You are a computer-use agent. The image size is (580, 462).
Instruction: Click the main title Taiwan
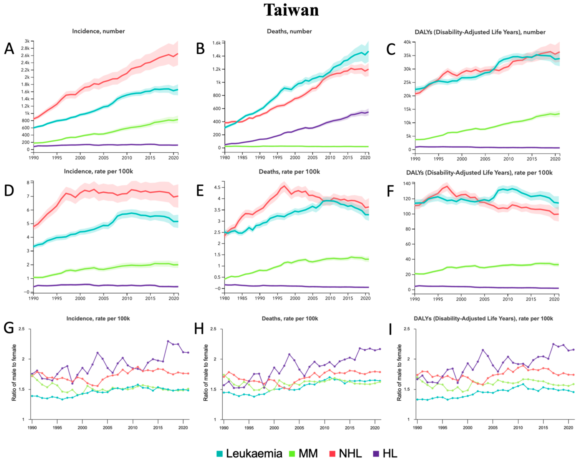[x=291, y=10]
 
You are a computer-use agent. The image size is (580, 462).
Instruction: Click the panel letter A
[x=9, y=49]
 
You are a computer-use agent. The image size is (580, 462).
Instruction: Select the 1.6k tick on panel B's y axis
[x=216, y=43]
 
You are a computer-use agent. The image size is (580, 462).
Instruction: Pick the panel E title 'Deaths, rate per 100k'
[x=289, y=172]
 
